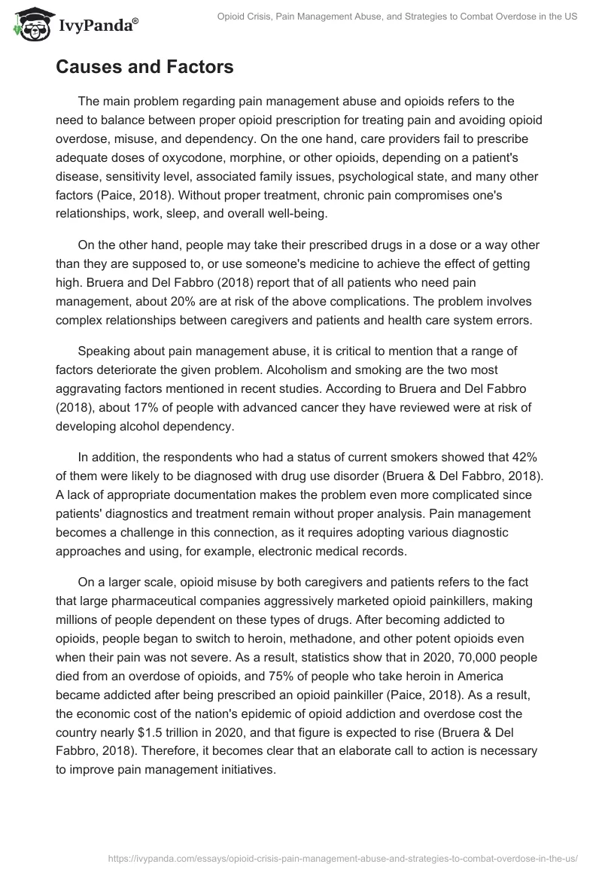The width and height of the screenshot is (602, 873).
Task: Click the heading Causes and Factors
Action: (x=144, y=67)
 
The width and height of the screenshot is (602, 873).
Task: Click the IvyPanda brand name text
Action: (x=99, y=26)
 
